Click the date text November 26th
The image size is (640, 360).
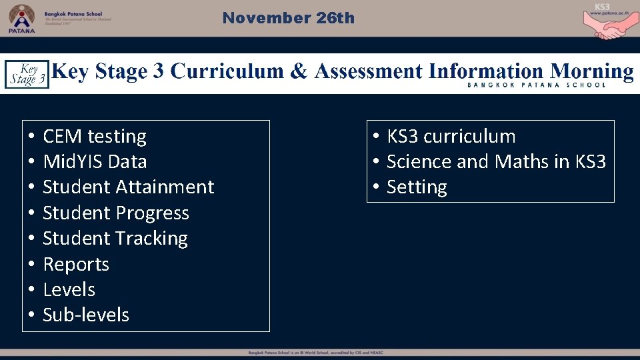[x=288, y=18]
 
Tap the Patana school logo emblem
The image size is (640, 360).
[x=22, y=17]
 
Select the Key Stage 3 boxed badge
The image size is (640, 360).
[x=27, y=74]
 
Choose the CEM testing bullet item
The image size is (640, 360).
[x=94, y=136]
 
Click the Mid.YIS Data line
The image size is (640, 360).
[x=95, y=161]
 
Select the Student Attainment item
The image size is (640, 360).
[x=128, y=187]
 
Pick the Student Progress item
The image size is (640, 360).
[x=115, y=213]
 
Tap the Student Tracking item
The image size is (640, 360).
[x=115, y=238]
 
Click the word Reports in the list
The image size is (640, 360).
[x=76, y=264]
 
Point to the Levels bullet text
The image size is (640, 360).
[x=69, y=289]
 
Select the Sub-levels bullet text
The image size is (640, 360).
[x=85, y=315]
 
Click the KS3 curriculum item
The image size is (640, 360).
[x=451, y=136]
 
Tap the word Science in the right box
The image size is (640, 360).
[x=419, y=161]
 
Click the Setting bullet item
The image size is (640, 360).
[x=417, y=187]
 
